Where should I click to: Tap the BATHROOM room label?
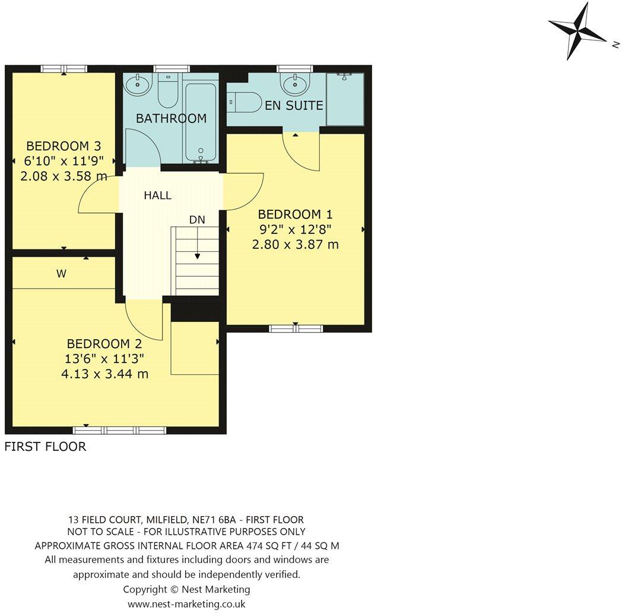171,118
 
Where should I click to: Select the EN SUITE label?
294,106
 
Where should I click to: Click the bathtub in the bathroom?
201,122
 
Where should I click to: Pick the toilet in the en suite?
245,102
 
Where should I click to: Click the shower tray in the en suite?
345,99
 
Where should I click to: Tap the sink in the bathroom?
138,83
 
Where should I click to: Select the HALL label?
157,195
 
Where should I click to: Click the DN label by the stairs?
197,220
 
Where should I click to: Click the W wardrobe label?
61,274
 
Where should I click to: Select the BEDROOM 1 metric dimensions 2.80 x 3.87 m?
295,244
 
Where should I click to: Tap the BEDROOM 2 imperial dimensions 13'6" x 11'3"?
104,359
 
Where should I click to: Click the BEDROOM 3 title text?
64,146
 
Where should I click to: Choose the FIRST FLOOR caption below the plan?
45,447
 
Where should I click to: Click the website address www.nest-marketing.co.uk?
186,603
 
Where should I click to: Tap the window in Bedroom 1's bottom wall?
296,328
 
